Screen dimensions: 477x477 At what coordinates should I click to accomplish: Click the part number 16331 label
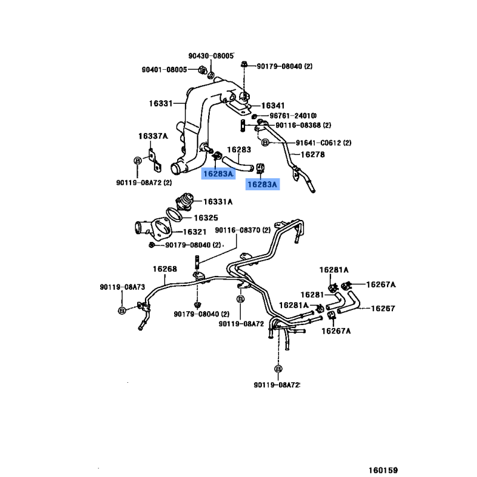tap(160, 103)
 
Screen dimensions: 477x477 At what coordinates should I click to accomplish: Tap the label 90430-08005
tap(211, 55)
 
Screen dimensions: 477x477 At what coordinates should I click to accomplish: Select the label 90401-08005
tap(165, 70)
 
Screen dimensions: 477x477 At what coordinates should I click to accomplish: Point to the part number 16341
tap(273, 106)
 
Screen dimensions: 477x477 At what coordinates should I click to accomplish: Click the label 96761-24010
tap(293, 116)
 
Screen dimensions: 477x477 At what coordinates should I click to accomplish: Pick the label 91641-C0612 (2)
tap(323, 143)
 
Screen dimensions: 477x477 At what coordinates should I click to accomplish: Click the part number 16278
tap(312, 154)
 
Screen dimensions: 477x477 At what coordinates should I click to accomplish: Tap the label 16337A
tap(153, 136)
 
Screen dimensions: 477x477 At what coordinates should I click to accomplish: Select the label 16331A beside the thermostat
tap(218, 202)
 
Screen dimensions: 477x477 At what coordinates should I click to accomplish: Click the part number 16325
tap(206, 218)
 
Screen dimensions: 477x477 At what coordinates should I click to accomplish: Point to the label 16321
tap(195, 232)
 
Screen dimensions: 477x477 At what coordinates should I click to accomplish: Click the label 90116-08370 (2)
tap(243, 230)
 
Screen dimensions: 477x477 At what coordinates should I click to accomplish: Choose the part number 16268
tap(165, 269)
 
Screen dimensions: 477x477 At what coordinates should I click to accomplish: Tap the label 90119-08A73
tap(122, 287)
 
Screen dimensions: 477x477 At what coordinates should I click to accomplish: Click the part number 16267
tap(383, 308)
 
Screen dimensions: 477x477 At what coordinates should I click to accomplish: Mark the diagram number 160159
tap(383, 470)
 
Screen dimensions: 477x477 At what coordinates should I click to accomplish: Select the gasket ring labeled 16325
tap(174, 215)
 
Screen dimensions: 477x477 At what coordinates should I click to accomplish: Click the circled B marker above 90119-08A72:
tap(278, 368)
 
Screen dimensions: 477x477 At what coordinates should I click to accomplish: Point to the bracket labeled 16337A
tap(155, 160)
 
